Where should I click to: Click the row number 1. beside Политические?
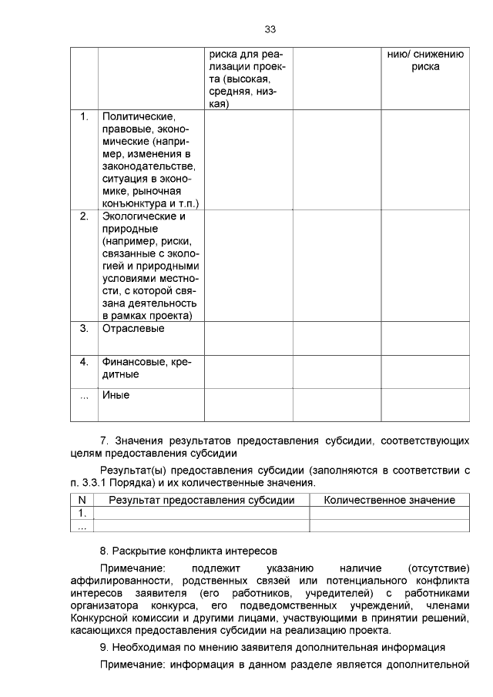(84, 116)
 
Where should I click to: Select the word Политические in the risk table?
(132, 116)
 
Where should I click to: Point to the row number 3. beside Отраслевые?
(84, 328)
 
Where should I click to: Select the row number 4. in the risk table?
(84, 361)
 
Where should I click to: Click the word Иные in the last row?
(116, 395)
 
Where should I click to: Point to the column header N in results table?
(82, 500)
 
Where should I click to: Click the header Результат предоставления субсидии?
(202, 500)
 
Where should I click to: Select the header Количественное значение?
(389, 500)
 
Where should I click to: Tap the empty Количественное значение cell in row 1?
(389, 513)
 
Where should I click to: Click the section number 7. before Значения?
(106, 441)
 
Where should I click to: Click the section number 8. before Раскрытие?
(106, 551)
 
